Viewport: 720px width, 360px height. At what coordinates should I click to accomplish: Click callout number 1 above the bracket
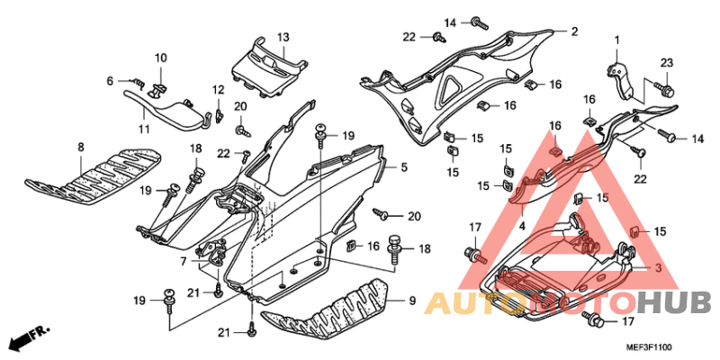click(617, 40)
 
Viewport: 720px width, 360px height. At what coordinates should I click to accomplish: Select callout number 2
click(573, 32)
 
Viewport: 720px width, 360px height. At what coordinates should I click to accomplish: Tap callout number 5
click(404, 167)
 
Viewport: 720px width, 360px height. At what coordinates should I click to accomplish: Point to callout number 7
click(184, 262)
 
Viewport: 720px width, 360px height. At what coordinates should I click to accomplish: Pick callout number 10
click(160, 58)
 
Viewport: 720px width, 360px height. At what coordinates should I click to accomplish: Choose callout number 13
click(282, 38)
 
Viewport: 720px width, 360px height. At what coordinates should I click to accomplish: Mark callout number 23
click(667, 62)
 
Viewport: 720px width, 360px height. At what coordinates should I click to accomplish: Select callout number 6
click(111, 81)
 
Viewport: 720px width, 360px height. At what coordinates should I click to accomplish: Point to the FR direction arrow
click(27, 339)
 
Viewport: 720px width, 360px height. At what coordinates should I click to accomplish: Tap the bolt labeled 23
click(666, 90)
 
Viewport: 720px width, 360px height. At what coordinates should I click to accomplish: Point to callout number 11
click(144, 130)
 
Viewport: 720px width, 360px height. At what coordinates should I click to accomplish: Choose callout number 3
click(658, 268)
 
